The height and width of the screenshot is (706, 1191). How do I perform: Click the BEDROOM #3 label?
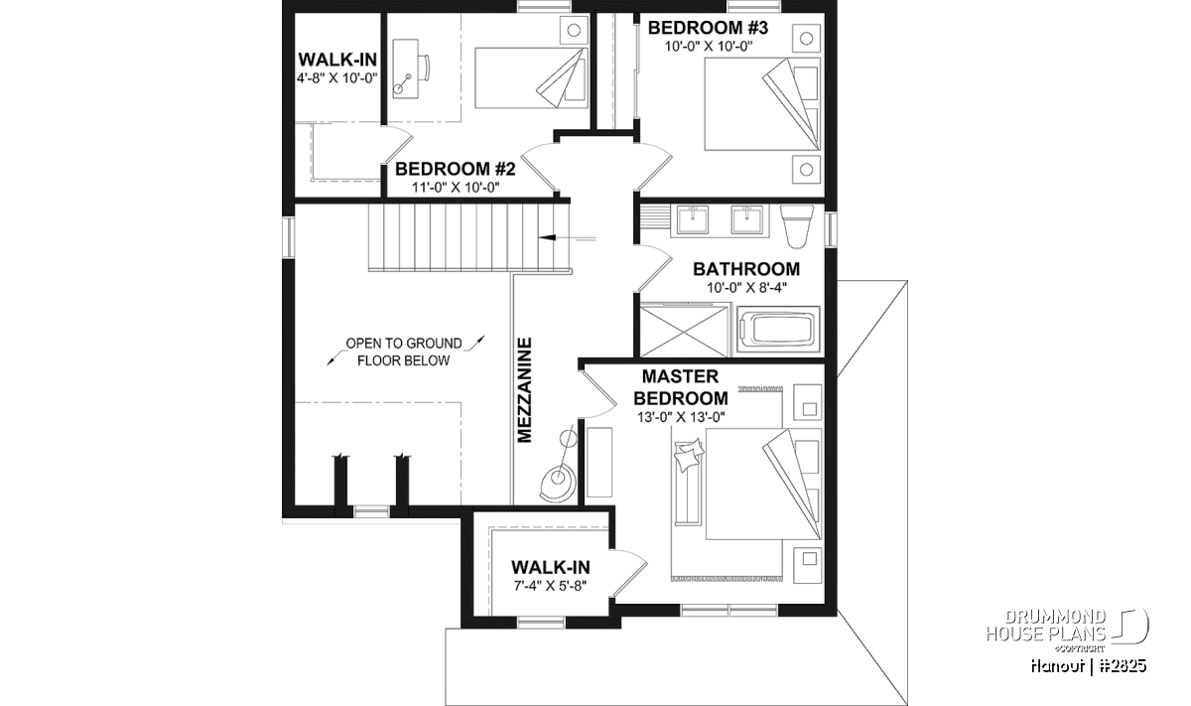coord(708,28)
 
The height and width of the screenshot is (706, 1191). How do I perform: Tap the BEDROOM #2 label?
coord(456,169)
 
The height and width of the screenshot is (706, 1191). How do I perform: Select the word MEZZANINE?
coord(525,389)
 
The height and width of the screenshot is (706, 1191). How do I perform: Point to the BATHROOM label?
coord(746,269)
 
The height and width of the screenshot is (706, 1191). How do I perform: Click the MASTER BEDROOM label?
coord(681,387)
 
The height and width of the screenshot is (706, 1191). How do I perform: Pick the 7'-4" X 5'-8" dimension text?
coord(550,586)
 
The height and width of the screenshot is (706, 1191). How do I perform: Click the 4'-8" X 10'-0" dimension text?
coord(337,78)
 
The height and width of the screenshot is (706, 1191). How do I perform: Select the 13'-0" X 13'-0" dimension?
coord(681,418)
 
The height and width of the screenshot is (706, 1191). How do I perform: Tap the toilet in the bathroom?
coord(796,226)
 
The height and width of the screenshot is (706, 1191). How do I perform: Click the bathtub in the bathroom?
coord(778,330)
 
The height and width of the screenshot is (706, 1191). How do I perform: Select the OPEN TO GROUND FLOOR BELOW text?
coord(404,353)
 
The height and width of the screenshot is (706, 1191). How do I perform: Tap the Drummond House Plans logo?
coord(1067,631)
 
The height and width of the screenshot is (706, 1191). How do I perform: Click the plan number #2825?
coord(1123,666)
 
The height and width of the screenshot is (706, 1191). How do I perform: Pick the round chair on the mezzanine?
coord(556,483)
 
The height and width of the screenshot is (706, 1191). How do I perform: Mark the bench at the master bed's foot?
coord(687,483)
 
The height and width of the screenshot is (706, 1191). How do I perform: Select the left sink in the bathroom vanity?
coord(693,220)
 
